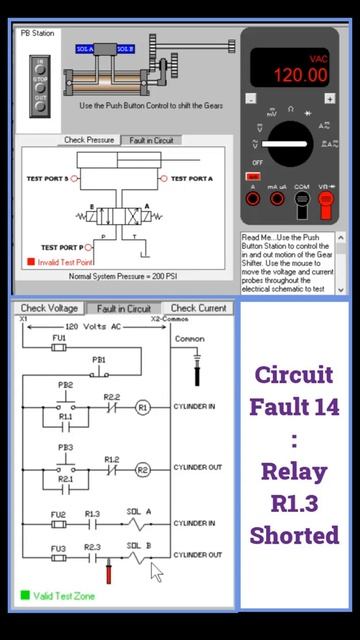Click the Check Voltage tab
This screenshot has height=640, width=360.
(50, 308)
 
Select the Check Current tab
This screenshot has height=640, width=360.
(198, 308)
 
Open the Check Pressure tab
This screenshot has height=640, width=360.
(89, 140)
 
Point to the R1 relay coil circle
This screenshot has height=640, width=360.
(142, 407)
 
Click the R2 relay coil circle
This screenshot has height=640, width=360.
(142, 469)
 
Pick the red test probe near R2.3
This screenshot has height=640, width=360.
(109, 573)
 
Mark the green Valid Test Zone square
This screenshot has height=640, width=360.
(25, 595)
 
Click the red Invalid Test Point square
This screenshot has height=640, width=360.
(31, 263)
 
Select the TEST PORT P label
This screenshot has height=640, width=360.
(63, 246)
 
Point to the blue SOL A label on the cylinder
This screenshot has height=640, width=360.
(85, 48)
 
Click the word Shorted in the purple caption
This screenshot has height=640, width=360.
(294, 535)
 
